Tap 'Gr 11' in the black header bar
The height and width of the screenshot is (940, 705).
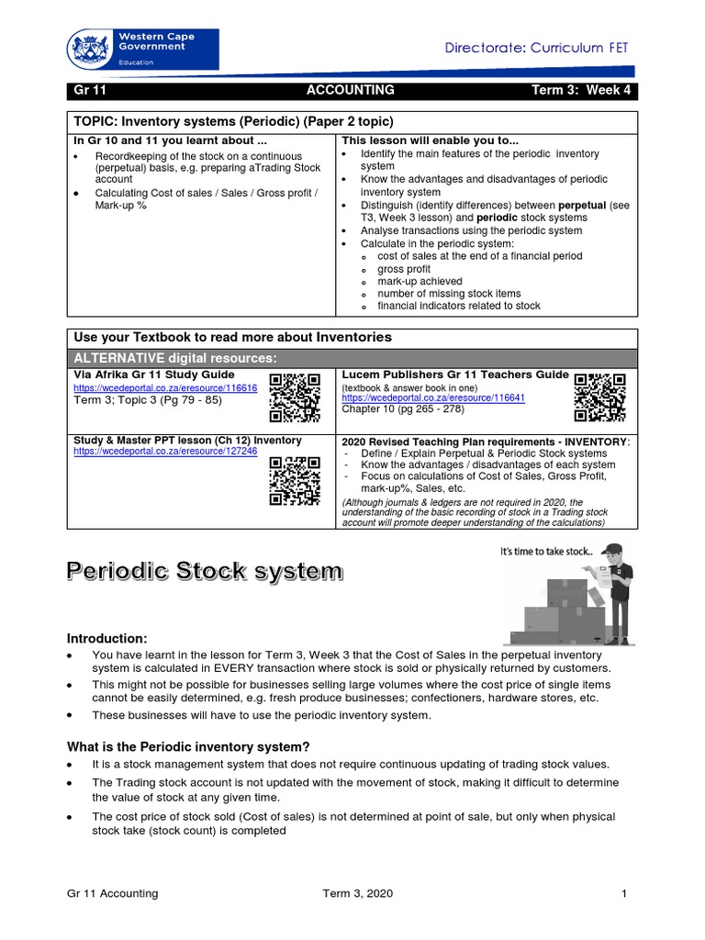pos(89,90)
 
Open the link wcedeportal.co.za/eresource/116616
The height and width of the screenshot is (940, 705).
pos(165,388)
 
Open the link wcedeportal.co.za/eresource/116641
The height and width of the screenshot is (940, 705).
pos(433,399)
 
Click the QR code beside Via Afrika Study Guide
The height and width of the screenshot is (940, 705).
pos(295,397)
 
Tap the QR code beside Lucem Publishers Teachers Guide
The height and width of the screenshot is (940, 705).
pos(600,397)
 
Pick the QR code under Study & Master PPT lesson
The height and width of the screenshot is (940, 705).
pos(295,480)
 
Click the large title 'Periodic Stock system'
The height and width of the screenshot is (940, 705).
pos(204,572)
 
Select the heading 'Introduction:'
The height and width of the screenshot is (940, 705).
pos(106,638)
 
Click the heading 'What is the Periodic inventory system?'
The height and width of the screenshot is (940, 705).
pos(188,745)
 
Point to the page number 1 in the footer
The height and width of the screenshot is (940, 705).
pos(623,893)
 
